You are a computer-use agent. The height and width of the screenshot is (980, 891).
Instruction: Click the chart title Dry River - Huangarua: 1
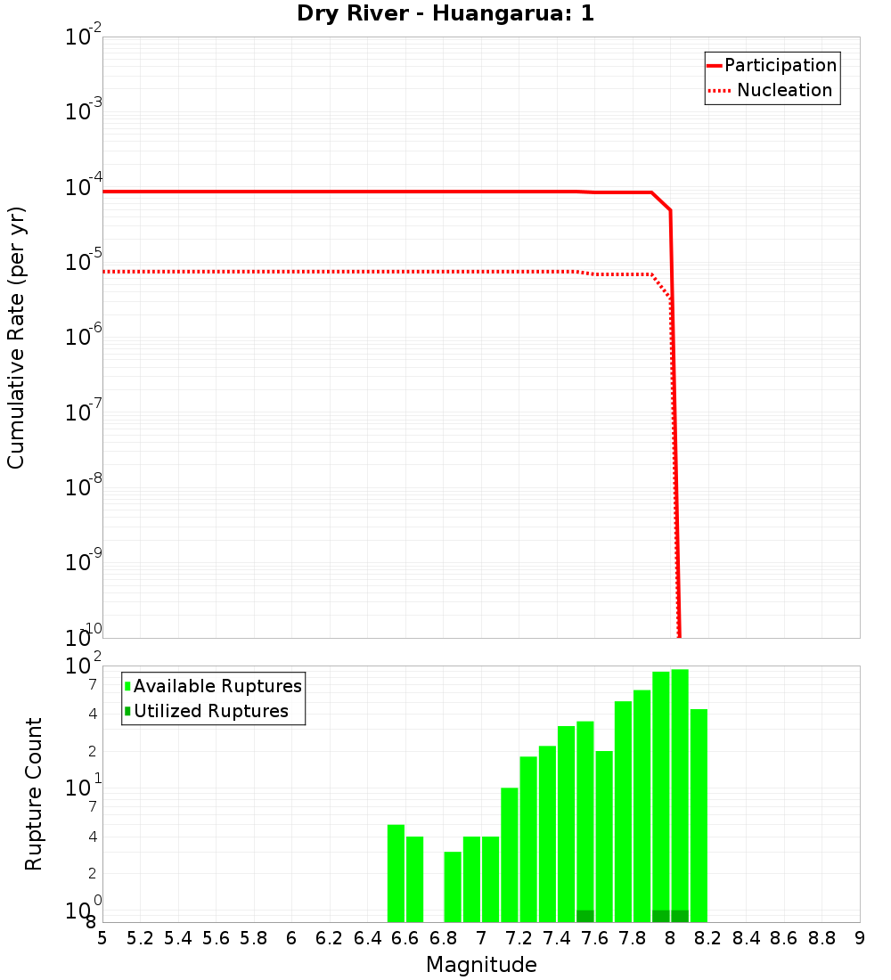coord(445,14)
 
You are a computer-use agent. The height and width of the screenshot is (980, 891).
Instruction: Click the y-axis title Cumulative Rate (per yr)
coord(16,338)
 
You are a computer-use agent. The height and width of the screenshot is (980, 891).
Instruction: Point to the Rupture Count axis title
coord(34,794)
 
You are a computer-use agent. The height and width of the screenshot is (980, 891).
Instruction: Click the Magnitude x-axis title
coord(481,965)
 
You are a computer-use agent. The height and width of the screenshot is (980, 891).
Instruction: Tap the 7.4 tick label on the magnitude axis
coord(557,938)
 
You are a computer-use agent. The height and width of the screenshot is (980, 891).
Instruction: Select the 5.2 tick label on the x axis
coord(141,938)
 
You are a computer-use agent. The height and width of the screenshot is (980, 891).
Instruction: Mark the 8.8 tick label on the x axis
coord(822,938)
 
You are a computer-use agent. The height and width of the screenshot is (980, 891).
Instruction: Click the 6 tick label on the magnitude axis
coord(291,938)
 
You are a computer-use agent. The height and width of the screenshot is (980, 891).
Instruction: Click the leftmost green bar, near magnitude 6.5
coord(396,873)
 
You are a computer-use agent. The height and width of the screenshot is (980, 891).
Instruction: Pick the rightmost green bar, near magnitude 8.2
coord(699,815)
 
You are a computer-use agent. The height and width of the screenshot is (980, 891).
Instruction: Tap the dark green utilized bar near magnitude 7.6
coord(585,916)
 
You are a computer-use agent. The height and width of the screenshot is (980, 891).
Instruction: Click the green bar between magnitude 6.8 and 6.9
coord(453,886)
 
